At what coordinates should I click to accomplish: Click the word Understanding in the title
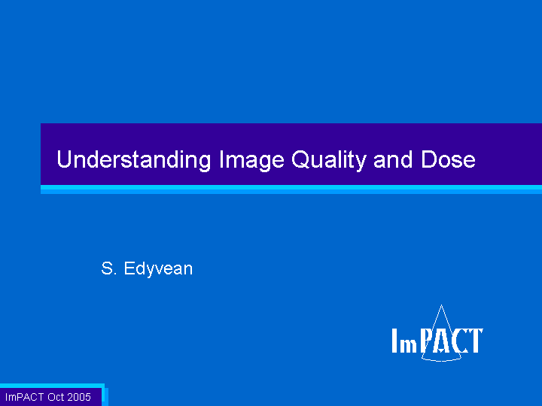134,160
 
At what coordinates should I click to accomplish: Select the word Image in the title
252,160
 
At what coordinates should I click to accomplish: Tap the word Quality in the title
329,160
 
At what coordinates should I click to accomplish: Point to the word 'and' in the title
393,160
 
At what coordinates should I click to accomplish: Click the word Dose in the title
448,160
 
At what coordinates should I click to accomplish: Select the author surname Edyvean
158,269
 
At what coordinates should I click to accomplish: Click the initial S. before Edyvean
108,268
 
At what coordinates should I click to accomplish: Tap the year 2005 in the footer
79,397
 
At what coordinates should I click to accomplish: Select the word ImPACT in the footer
25,397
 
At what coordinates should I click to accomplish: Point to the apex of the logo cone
441,304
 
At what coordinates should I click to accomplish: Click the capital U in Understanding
64,159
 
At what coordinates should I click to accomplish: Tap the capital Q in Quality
300,160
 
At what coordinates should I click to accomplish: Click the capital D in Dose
428,159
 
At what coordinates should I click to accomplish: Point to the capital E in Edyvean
129,268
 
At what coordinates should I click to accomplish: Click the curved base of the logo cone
441,360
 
